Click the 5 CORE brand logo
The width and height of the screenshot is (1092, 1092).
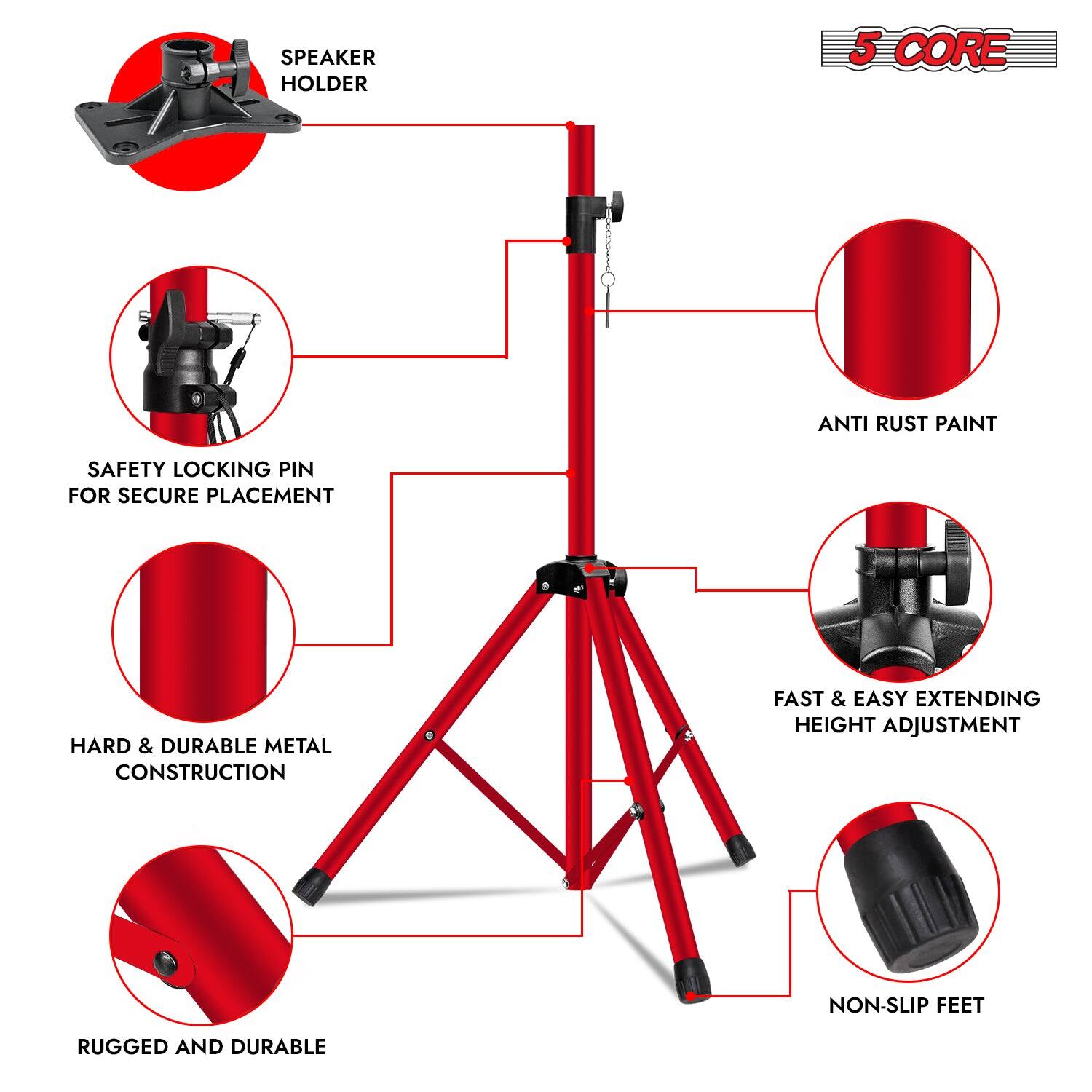pos(938,49)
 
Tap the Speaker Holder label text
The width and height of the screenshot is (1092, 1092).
pos(328,70)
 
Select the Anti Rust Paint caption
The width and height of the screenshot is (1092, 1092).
pos(907,423)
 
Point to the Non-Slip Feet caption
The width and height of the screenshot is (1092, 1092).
pos(906,1005)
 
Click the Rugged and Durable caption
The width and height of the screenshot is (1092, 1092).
pos(202,1047)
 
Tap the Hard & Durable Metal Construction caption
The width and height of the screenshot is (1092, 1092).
pos(201,759)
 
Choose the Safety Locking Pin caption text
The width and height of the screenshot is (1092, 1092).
pos(201,482)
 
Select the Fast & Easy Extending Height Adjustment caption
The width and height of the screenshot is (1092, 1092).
pos(906,711)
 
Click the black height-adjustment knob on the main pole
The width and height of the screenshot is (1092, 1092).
pos(620,199)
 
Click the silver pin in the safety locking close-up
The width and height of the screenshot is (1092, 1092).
pos(233,318)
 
